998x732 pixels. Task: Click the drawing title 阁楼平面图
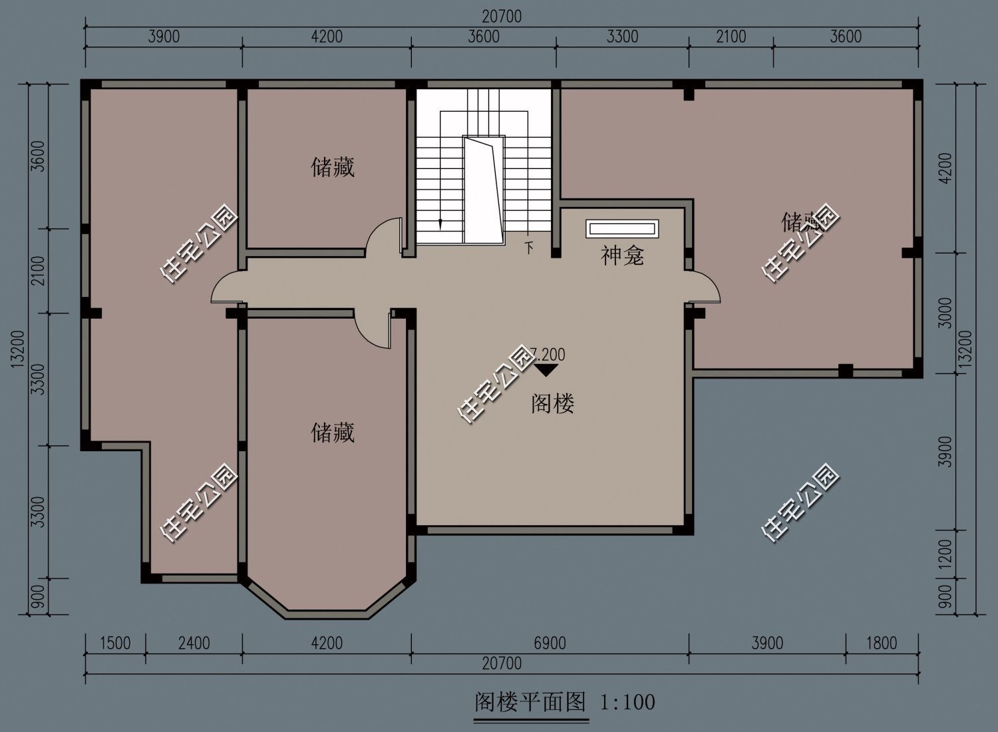point(530,701)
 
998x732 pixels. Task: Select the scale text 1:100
point(628,701)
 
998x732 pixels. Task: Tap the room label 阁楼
point(552,403)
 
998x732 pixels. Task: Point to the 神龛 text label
point(622,256)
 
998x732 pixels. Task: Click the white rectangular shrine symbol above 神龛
point(622,229)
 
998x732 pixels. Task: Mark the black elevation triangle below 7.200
point(546,370)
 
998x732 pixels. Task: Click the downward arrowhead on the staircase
point(440,226)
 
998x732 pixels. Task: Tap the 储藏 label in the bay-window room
point(333,433)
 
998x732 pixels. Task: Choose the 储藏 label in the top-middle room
point(333,166)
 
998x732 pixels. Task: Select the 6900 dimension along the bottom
point(550,643)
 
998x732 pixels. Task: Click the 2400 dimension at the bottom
point(194,643)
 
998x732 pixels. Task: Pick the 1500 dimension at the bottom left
point(115,643)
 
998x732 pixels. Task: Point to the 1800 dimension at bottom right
point(882,643)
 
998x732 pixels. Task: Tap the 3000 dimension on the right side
point(945,313)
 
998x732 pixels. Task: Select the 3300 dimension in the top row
point(622,36)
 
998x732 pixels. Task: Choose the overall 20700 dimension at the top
point(502,17)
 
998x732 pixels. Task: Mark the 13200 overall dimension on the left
point(18,347)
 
